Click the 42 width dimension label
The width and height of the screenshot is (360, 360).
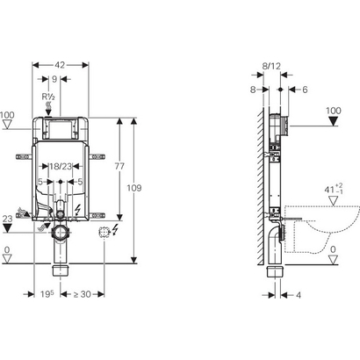click(60, 65)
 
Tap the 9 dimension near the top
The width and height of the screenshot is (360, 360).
click(54, 79)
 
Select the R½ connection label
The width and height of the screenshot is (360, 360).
click(48, 97)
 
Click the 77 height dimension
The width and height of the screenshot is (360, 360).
click(119, 166)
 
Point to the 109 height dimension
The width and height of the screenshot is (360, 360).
click(134, 188)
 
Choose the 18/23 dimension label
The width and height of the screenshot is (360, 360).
click(61, 166)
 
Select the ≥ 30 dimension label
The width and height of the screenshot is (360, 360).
click(82, 294)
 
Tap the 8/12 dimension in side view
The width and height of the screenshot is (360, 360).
click(271, 66)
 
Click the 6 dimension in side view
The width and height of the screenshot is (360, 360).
click(305, 90)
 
